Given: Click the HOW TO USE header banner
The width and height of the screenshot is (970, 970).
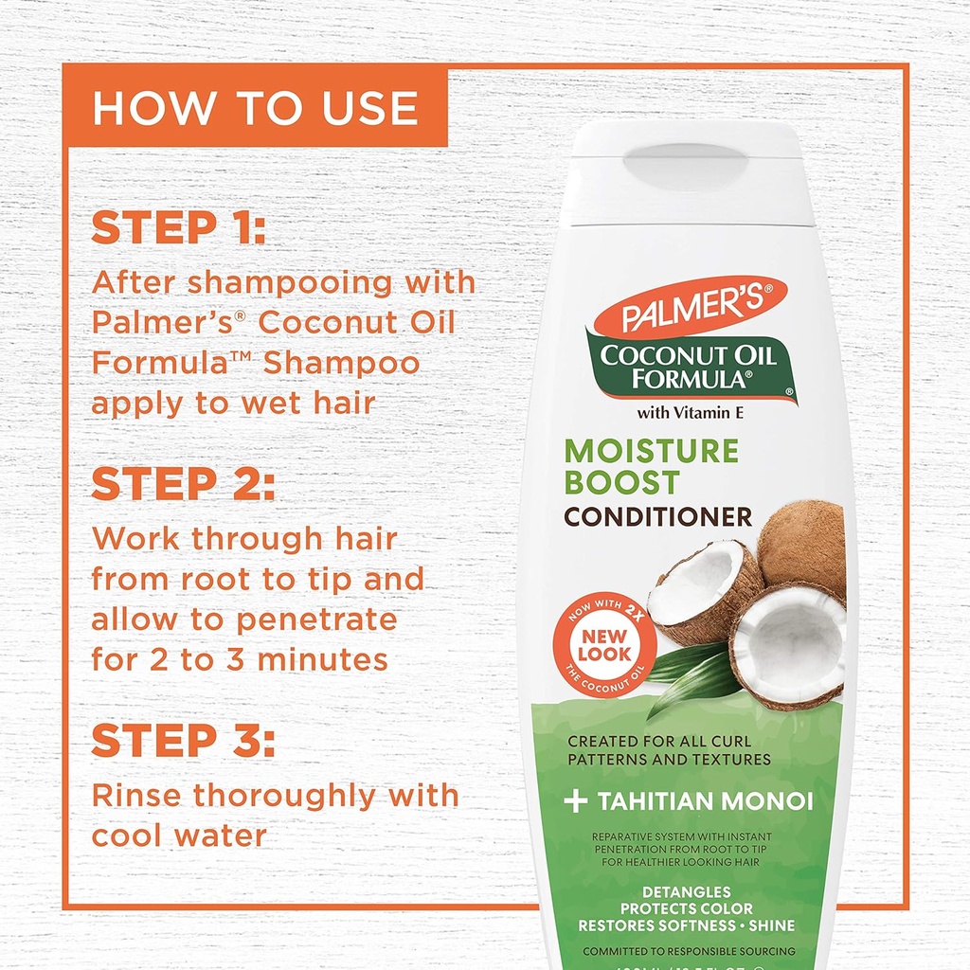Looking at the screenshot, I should tap(255, 107).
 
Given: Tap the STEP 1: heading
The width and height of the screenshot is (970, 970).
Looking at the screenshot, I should tap(179, 229).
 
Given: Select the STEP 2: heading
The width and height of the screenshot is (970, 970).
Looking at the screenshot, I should tap(183, 484).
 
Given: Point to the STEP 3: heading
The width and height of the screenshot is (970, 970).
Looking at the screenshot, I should tap(183, 742).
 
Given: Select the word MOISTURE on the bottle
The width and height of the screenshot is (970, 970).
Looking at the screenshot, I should tap(651, 450).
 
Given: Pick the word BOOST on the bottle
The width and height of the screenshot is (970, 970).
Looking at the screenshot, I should tap(621, 482).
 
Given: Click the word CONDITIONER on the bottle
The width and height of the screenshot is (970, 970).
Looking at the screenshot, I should tap(658, 517).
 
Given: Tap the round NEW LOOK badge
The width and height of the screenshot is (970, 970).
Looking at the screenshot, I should tap(604, 645).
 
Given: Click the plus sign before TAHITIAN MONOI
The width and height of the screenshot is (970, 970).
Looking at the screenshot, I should tap(575, 801).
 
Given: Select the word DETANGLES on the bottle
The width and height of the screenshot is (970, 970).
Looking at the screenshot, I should tap(686, 891).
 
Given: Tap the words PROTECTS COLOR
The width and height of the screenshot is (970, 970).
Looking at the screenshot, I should tap(686, 908).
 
